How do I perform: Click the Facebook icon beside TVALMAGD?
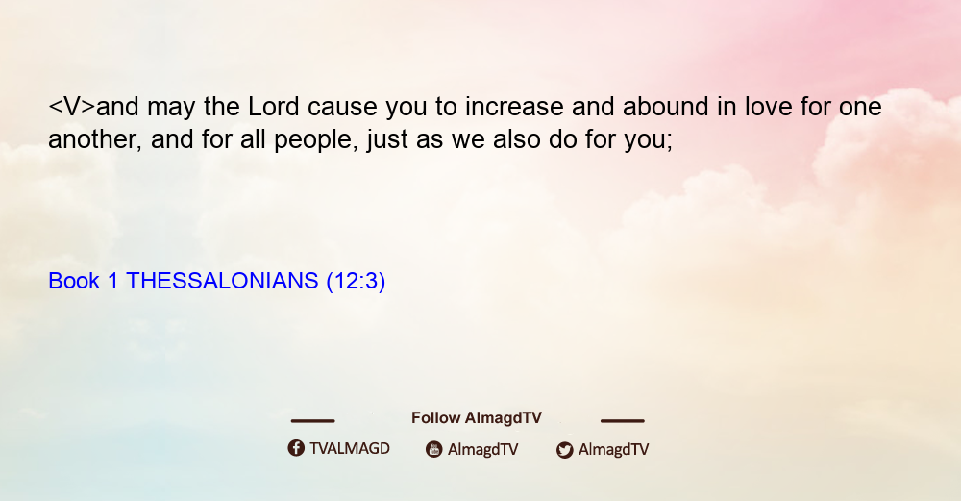tap(296, 448)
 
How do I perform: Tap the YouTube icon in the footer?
tap(434, 449)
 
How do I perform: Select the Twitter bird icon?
tap(565, 450)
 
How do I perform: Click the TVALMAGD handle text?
tap(350, 448)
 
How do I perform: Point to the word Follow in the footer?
tap(435, 417)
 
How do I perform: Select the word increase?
tap(514, 107)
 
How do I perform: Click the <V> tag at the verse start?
tap(72, 107)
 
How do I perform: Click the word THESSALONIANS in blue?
tap(222, 281)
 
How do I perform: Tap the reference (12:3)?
tap(356, 281)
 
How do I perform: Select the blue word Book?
tap(74, 281)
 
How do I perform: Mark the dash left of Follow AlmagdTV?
tap(312, 420)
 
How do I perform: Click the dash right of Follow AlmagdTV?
tap(623, 420)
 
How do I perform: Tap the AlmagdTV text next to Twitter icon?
tap(613, 449)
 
